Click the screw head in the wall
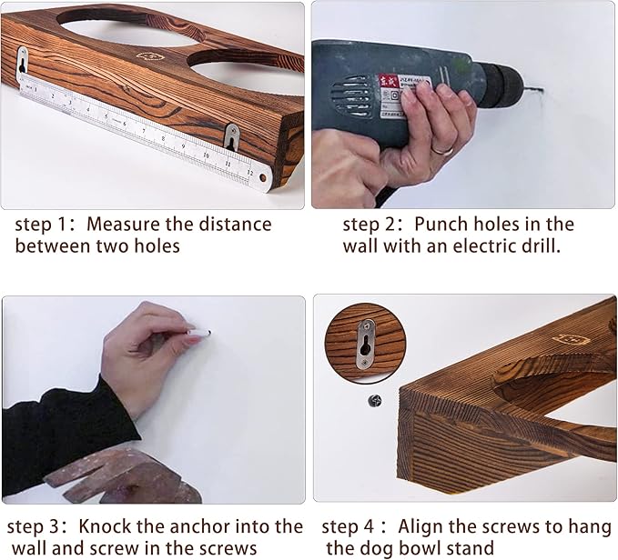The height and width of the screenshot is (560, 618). coord(374,401)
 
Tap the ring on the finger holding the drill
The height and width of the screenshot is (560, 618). coord(443,150)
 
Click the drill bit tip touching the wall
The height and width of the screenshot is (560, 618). coord(542,91)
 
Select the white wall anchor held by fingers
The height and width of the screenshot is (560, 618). coord(199,333)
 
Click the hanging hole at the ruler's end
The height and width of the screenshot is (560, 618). coord(262,177)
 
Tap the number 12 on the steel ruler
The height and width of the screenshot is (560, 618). coord(249,172)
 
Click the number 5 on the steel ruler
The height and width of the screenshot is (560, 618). coord(106,116)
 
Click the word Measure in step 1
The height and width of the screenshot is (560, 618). coord(124,225)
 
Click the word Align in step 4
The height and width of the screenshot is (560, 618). coord(420,526)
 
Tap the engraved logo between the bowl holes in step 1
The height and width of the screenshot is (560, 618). coord(150,56)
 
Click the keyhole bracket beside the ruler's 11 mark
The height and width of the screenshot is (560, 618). coord(231,137)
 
